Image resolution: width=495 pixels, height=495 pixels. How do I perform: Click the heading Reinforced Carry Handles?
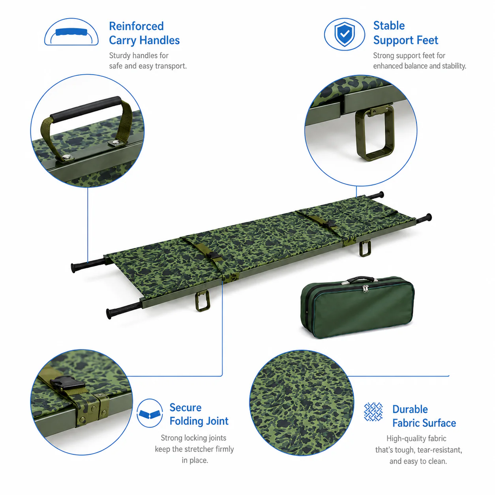[144, 34]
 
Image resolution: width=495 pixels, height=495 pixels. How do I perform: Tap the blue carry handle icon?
[71, 32]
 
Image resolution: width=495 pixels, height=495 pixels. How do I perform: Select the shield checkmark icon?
[344, 34]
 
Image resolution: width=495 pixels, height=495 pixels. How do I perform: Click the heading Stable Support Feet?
[405, 33]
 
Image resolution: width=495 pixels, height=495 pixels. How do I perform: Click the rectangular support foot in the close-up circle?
[375, 133]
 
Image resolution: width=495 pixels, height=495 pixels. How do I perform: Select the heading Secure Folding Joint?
[199, 414]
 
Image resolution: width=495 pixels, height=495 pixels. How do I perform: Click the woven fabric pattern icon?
[373, 412]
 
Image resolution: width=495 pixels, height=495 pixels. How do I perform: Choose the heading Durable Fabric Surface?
[424, 416]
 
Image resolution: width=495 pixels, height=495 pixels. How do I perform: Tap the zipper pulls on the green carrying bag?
[365, 289]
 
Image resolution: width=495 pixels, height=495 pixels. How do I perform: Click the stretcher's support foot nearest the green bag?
[365, 248]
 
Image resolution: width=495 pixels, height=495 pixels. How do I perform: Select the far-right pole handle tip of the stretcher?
[429, 217]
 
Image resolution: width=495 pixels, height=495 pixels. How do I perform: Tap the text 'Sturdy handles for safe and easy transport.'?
[148, 61]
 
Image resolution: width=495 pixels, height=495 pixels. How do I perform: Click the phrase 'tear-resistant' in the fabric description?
[439, 450]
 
